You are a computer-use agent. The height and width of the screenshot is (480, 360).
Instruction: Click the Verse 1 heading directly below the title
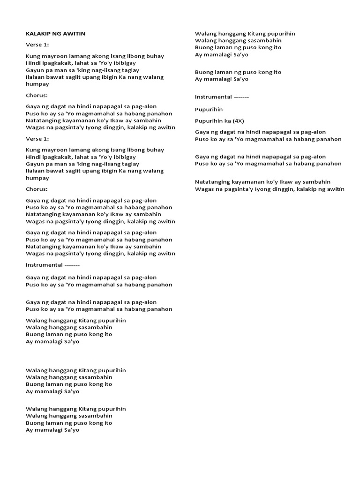pyautogui.click(x=37, y=45)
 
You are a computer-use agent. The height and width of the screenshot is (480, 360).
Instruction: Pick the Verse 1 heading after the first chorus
pyautogui.click(x=37, y=139)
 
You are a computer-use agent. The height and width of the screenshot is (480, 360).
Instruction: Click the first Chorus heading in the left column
pyautogui.click(x=37, y=95)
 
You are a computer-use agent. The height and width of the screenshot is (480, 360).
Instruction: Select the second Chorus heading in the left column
pyautogui.click(x=37, y=189)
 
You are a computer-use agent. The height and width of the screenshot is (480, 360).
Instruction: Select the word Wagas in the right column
pyautogui.click(x=204, y=189)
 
